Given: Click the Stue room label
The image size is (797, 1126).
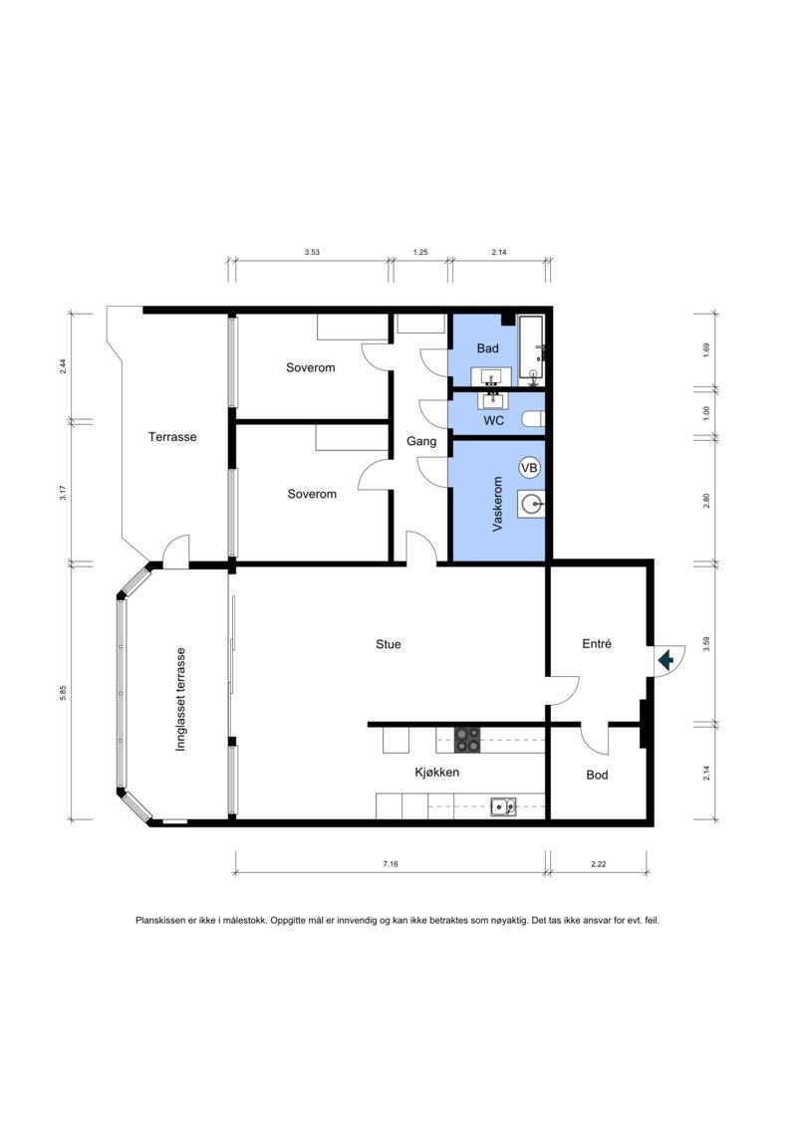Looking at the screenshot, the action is pyautogui.click(x=389, y=644).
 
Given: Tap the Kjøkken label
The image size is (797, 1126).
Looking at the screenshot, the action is pyautogui.click(x=437, y=772).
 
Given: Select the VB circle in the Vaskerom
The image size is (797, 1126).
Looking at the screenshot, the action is pyautogui.click(x=529, y=468).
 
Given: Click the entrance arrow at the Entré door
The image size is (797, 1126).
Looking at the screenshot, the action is pyautogui.click(x=665, y=658).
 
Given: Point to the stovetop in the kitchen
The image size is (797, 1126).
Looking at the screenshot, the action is pyautogui.click(x=467, y=740).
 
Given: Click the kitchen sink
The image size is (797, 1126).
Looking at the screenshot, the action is pyautogui.click(x=504, y=807).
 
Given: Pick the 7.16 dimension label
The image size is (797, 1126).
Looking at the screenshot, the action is pyautogui.click(x=391, y=864).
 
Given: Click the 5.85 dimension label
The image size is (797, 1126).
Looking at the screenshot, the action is pyautogui.click(x=63, y=693).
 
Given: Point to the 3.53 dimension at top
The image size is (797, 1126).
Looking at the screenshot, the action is pyautogui.click(x=312, y=252).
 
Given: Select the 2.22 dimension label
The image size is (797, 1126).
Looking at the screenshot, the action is pyautogui.click(x=599, y=864).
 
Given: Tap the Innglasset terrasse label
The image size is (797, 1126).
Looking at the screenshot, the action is pyautogui.click(x=181, y=700).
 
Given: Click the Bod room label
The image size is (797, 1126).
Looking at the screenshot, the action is pyautogui.click(x=597, y=775).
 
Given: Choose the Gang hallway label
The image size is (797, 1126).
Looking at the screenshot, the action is pyautogui.click(x=421, y=441).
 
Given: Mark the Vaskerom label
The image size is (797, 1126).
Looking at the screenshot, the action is pyautogui.click(x=497, y=504).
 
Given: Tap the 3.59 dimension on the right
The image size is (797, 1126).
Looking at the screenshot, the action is pyautogui.click(x=707, y=644).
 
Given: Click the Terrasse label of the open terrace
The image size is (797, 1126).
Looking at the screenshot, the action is pyautogui.click(x=172, y=437).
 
